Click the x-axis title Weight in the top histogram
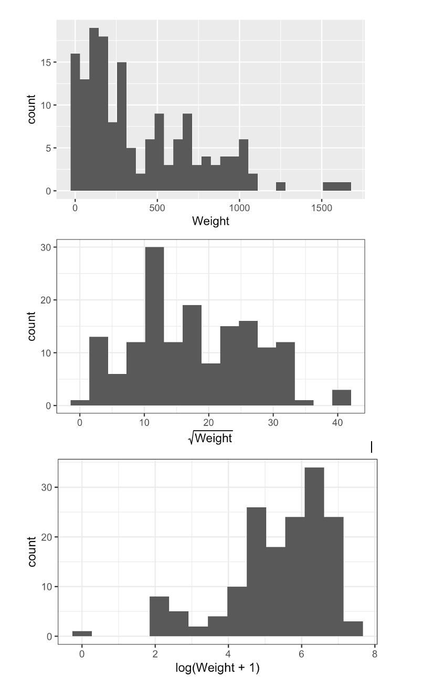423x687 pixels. [x=210, y=221]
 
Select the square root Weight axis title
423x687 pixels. [x=210, y=437]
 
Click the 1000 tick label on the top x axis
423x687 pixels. [x=239, y=207]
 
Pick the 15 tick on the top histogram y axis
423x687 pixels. [x=46, y=63]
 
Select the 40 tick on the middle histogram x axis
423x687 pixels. [x=337, y=422]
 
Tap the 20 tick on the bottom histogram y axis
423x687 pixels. [x=46, y=537]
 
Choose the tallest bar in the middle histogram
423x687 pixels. [x=154, y=326]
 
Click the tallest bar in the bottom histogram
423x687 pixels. [x=314, y=551]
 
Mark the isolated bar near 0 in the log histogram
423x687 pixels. [x=82, y=633]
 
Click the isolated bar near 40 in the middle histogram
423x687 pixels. [x=342, y=398]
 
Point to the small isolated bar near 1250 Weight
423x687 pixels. [x=281, y=186]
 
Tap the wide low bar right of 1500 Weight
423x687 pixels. [x=336, y=186]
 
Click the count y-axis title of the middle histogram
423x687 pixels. [x=32, y=326]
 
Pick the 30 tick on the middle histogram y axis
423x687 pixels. [x=46, y=247]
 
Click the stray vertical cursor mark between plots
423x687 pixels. [x=372, y=447]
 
